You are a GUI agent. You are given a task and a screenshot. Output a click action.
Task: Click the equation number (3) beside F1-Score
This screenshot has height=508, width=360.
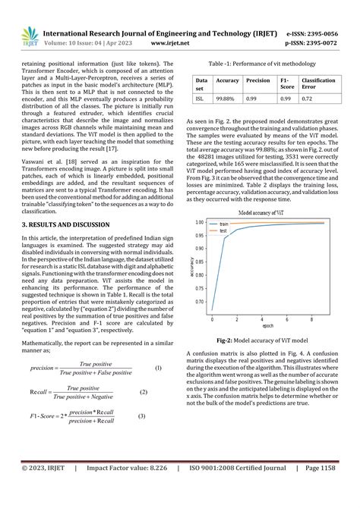[141, 415]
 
